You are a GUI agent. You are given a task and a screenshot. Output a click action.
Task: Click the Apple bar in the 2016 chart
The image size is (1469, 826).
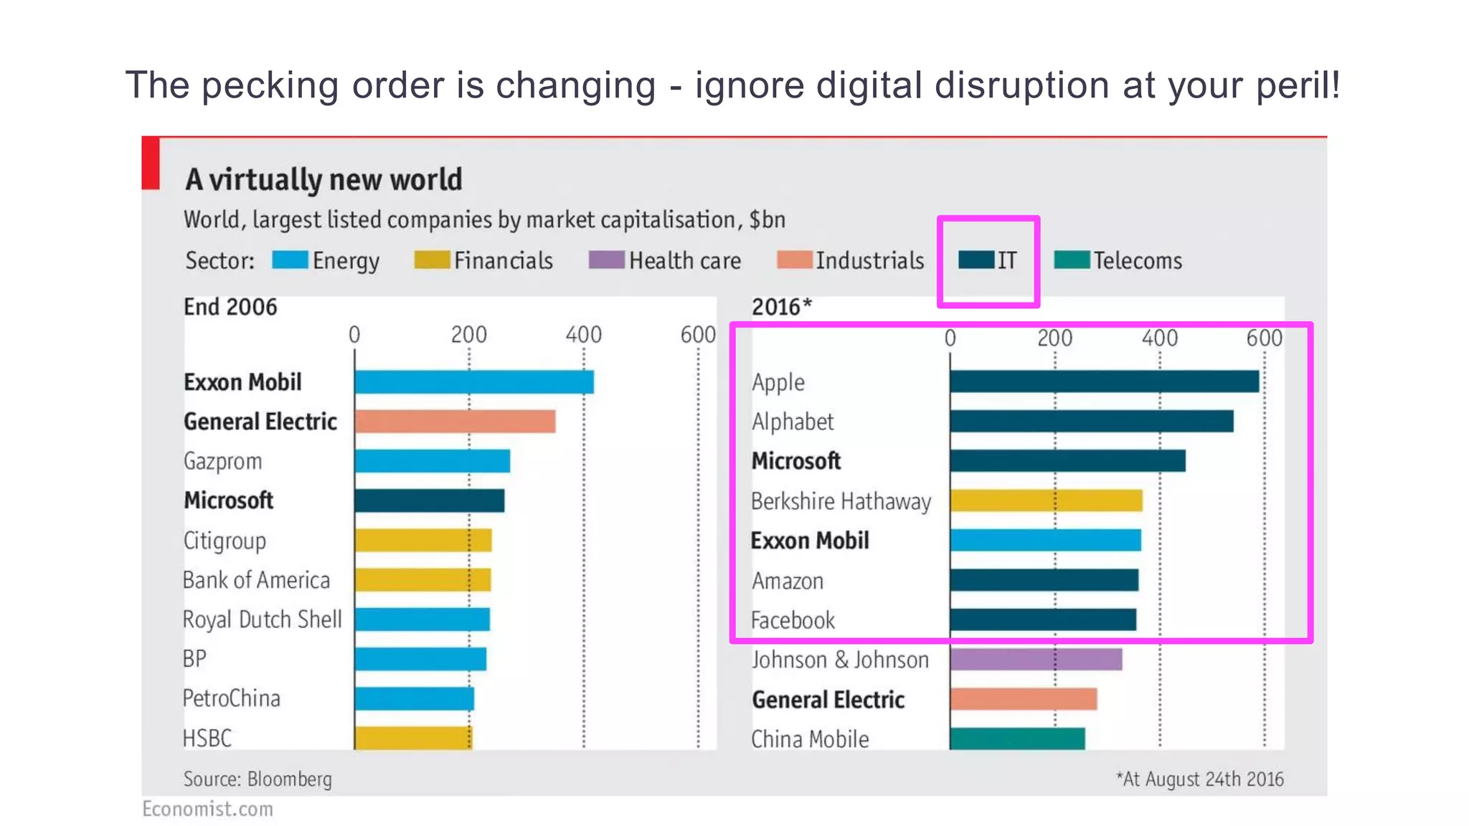coord(1104,381)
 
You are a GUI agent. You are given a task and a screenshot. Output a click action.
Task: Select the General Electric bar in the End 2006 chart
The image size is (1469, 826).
coord(455,422)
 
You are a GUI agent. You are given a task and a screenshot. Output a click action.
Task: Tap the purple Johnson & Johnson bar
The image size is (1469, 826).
coord(1036,660)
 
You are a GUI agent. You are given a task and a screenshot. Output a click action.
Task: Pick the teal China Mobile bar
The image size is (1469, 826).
coord(1017,739)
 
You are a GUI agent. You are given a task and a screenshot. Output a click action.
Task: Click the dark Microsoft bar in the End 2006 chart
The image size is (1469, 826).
coord(429,500)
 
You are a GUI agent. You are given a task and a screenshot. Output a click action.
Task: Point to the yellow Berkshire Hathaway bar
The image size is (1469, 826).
coord(1046,500)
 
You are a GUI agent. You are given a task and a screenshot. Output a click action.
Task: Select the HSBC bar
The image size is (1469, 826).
coord(413,738)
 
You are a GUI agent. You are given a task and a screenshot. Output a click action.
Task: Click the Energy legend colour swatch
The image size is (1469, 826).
coord(290,260)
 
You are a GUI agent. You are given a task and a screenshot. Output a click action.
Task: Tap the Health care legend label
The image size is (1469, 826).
coord(684,260)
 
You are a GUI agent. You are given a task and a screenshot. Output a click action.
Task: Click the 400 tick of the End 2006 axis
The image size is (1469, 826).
coord(583,334)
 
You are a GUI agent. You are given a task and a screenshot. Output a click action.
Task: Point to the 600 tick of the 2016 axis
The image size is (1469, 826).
coord(1264,338)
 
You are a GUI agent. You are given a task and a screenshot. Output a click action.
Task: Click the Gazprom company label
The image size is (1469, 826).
coord(222,461)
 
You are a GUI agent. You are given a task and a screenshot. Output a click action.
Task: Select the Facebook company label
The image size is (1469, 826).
coord(793,620)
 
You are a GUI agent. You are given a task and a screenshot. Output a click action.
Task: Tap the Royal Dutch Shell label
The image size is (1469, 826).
coord(262,619)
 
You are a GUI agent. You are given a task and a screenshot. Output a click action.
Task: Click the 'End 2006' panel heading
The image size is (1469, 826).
coord(230,307)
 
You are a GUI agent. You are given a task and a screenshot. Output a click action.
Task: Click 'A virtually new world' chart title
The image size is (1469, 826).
coord(323,179)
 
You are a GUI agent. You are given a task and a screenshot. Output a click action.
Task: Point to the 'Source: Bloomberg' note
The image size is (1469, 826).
coord(258,779)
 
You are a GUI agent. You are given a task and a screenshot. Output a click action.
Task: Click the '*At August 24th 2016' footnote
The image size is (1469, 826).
coord(1199,779)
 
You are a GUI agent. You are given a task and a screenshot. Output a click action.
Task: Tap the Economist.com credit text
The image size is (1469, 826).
coord(207,809)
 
